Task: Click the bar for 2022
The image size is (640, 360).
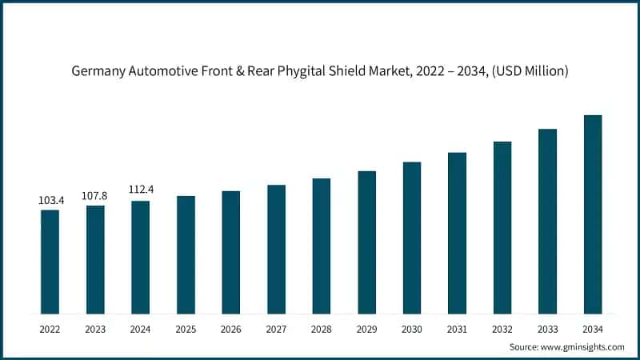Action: [x=50, y=262]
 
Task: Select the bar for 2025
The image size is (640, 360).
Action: [x=186, y=254]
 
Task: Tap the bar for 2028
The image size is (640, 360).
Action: [x=321, y=246]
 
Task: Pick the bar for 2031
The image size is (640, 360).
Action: [x=457, y=233]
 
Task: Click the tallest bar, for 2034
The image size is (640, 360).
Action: [x=592, y=214]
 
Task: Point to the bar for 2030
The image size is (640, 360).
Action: [x=412, y=238]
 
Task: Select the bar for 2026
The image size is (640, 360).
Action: [x=230, y=252]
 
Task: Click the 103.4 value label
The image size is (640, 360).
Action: [x=50, y=200]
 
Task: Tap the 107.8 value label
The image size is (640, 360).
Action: [x=95, y=195]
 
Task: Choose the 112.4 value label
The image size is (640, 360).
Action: [x=141, y=190]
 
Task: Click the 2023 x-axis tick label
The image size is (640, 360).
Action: [x=95, y=329]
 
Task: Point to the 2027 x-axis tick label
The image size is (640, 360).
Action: [x=276, y=329]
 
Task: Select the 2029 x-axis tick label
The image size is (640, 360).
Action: [x=366, y=329]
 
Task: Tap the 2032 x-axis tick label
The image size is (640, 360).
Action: [x=502, y=329]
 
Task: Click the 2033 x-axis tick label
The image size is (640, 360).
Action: [x=547, y=329]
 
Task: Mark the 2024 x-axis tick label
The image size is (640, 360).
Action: [x=141, y=329]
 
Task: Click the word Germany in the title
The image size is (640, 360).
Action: [x=98, y=71]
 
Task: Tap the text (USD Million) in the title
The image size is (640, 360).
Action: [x=530, y=71]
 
